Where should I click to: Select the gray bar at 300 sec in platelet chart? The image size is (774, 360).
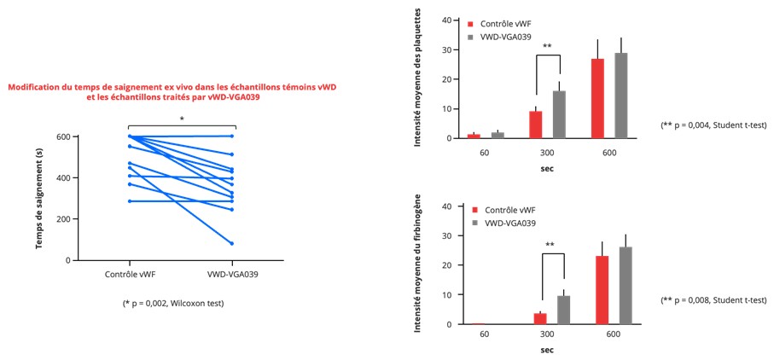(560, 114)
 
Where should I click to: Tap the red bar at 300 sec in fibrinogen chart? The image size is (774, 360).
(540, 318)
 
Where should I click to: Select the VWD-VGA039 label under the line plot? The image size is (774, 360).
(231, 275)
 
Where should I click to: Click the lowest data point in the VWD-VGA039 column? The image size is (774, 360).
(231, 243)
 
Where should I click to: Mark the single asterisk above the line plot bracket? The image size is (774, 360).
(181, 119)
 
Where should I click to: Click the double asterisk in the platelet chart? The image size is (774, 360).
(548, 47)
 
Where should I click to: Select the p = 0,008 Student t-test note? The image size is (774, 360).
(713, 300)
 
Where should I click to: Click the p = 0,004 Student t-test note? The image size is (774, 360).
(713, 125)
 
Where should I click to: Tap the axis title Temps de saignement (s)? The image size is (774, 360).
(39, 199)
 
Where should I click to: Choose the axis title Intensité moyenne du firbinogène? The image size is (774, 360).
(420, 265)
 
